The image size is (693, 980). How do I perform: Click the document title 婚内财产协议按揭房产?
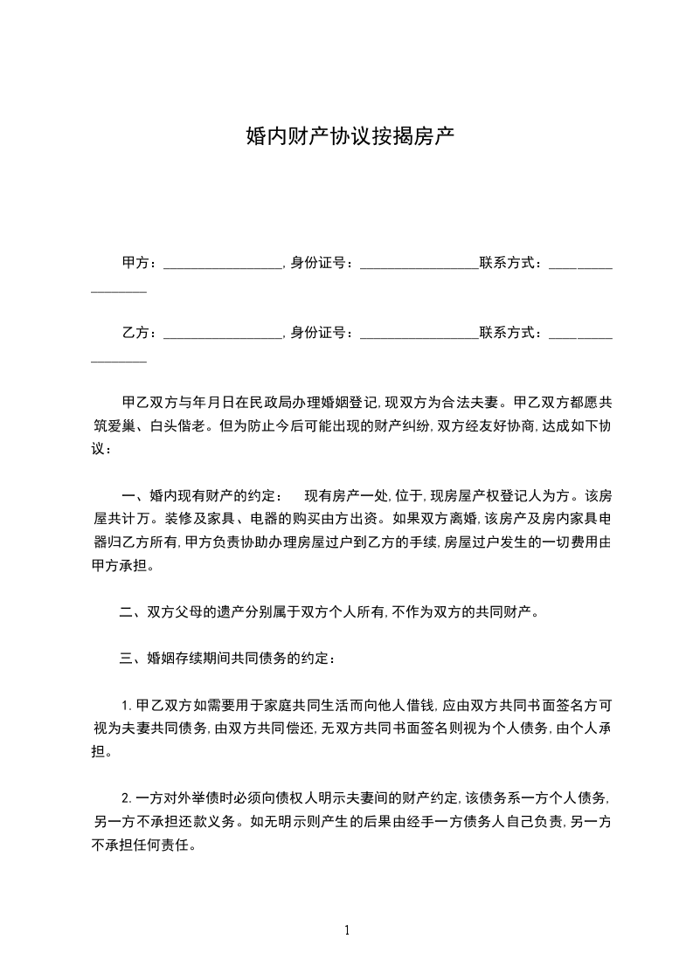346,136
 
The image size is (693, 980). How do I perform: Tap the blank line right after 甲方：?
223,262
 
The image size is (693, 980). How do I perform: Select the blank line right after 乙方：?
223,333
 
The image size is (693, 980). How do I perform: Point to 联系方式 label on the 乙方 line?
511,333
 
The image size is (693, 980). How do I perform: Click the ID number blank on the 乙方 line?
419,333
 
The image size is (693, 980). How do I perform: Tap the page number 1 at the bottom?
347,930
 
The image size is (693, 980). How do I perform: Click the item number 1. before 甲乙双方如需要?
128,705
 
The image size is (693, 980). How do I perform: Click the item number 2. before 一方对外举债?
128,798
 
